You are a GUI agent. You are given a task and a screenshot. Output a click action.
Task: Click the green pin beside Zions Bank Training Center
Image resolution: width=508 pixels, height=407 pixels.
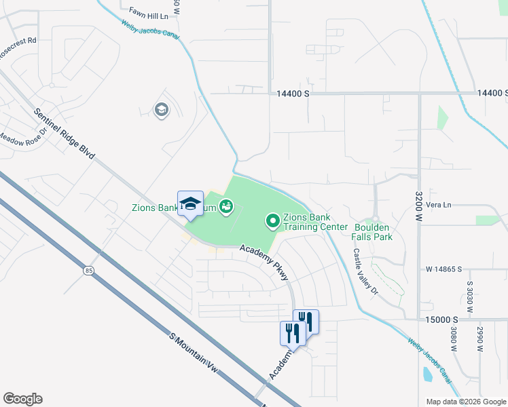pos(272,220)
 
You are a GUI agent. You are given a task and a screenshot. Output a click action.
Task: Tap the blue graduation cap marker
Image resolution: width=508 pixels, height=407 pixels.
pos(191,203)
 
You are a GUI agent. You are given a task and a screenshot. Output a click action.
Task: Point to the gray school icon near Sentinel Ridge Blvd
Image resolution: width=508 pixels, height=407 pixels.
pos(161,110)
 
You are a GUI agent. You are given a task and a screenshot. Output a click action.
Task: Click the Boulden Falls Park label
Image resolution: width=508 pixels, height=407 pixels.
pos(371,232)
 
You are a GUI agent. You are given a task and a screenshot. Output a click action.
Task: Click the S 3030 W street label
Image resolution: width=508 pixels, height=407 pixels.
pos(469,296)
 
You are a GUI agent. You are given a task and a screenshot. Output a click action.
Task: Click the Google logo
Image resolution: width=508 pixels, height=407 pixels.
pos(22,399)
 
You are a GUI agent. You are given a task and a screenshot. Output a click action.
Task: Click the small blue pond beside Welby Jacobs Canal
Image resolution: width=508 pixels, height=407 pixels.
pos(427,374)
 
